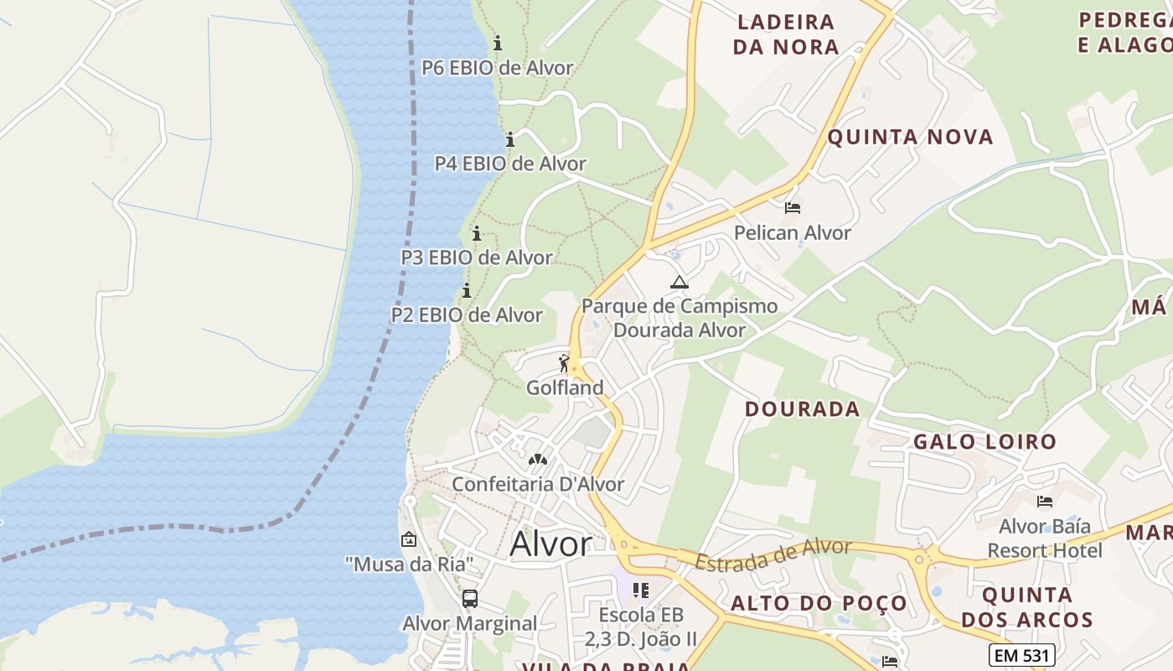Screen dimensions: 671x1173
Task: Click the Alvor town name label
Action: pos(550,544)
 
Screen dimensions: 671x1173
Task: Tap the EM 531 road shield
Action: pos(1021,654)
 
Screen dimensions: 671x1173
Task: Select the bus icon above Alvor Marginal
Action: pos(469,599)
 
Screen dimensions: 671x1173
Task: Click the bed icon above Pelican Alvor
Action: pos(793,207)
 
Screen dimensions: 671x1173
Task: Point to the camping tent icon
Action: pos(679,282)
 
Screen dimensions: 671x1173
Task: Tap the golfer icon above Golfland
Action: pos(564,363)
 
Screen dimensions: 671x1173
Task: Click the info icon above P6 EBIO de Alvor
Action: pos(498,43)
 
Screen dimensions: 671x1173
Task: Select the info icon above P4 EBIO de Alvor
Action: pos(509,138)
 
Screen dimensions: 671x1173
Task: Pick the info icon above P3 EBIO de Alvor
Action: pos(477,233)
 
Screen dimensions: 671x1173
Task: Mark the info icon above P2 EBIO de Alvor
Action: pos(467,291)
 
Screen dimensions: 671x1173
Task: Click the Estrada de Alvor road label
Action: pos(773,554)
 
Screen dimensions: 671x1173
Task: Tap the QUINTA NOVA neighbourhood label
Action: pos(910,137)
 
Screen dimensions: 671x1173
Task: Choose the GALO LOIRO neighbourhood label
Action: pos(984,442)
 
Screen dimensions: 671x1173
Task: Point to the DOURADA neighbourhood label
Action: pos(802,409)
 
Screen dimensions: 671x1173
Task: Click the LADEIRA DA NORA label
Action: pos(785,34)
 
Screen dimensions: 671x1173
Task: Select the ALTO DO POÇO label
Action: pos(819,603)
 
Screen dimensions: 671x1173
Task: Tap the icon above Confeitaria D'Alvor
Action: pos(537,460)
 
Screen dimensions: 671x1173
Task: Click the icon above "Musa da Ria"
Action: pos(409,539)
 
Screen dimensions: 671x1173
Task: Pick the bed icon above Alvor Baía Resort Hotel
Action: pos(1044,502)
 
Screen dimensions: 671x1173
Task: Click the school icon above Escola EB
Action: pos(641,590)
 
